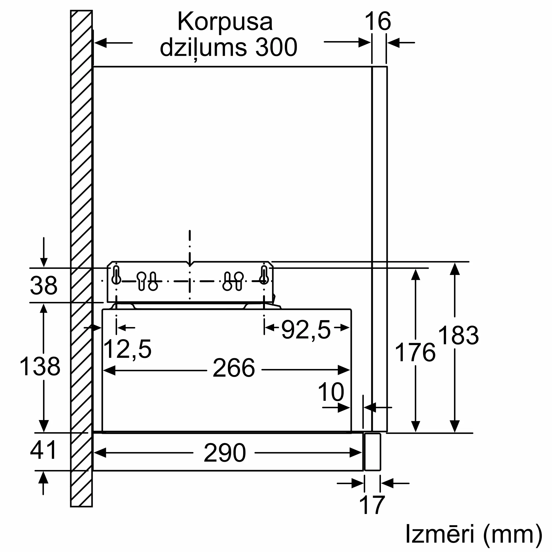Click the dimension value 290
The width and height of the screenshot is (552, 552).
pyautogui.click(x=225, y=453)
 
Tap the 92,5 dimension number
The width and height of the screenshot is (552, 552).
pyautogui.click(x=306, y=330)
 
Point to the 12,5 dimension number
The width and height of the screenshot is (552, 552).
pyautogui.click(x=127, y=349)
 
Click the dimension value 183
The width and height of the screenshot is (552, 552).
pyautogui.click(x=458, y=335)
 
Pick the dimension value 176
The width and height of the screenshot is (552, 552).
pyautogui.click(x=415, y=352)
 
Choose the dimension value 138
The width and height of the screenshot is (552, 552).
pyautogui.click(x=40, y=366)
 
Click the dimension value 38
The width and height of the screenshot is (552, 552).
pyautogui.click(x=44, y=285)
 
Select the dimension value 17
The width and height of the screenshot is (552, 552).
pyautogui.click(x=372, y=505)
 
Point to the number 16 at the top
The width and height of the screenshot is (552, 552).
pyautogui.click(x=378, y=22)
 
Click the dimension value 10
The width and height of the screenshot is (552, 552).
pyautogui.click(x=331, y=392)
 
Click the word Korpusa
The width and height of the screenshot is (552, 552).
pyautogui.click(x=225, y=22)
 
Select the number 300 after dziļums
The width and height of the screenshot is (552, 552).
pyautogui.click(x=276, y=47)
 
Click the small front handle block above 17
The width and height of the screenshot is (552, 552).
pyautogui.click(x=373, y=452)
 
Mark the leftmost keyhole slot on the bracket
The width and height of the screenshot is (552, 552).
pyautogui.click(x=116, y=275)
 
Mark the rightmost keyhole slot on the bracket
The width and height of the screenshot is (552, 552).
pyautogui.click(x=264, y=275)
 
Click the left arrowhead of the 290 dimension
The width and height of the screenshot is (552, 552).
pyautogui.click(x=100, y=453)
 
